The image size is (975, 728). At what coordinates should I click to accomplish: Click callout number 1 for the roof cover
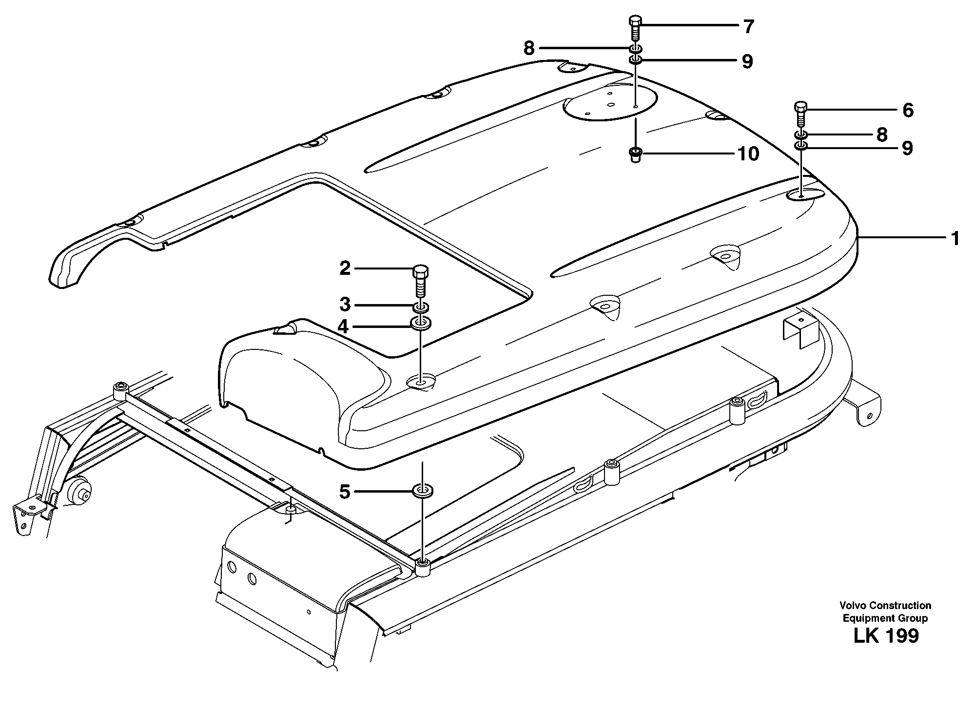[955, 238]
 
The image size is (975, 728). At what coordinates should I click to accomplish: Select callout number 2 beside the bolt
[345, 268]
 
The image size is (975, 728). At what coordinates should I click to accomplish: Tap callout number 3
[345, 305]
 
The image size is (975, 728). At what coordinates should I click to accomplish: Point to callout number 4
[344, 326]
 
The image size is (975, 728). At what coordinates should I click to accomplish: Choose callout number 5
[345, 492]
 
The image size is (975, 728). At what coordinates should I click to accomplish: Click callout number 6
[908, 110]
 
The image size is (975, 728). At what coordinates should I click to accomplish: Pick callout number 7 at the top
[749, 26]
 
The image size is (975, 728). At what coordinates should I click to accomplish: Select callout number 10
[748, 154]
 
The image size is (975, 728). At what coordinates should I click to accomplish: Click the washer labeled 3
[422, 307]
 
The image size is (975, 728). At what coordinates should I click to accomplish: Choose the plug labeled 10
[635, 155]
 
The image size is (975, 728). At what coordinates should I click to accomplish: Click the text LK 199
[886, 636]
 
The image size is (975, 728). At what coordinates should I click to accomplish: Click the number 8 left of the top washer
[529, 48]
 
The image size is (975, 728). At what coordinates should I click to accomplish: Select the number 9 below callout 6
[907, 148]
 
